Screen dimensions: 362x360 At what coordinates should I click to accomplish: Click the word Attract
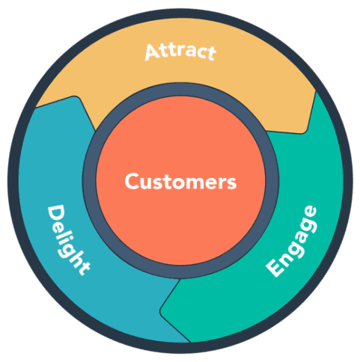point(180,52)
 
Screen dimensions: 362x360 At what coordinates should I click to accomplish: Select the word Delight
point(69,239)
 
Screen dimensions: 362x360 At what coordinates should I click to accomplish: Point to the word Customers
point(180,181)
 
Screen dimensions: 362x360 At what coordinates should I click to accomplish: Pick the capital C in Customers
point(130,181)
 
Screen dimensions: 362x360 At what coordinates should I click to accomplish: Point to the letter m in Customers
point(194,182)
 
